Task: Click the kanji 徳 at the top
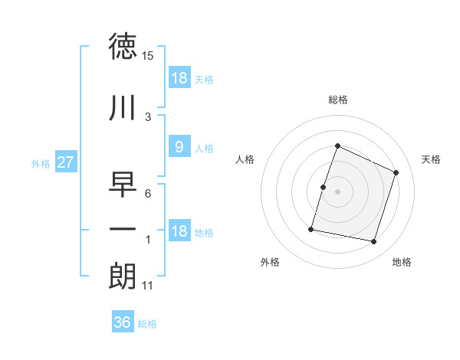[x=123, y=47]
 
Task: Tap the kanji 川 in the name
[x=123, y=107]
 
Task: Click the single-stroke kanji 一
[x=123, y=229]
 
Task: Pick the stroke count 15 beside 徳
[x=148, y=56]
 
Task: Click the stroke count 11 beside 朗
[x=148, y=286]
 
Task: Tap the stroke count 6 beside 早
[x=147, y=193]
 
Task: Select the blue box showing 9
[x=179, y=148]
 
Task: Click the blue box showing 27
[x=65, y=162]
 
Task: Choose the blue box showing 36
[x=123, y=323]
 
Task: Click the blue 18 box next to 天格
[x=179, y=78]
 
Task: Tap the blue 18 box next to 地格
[x=179, y=232]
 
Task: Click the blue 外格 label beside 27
[x=41, y=163]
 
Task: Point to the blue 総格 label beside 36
[x=147, y=324]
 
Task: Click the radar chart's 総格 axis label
[x=338, y=100]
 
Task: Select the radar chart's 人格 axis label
[x=245, y=159]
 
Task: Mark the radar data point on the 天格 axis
[x=396, y=173]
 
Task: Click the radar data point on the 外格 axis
[x=311, y=229]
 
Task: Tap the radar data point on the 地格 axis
[x=373, y=242]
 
